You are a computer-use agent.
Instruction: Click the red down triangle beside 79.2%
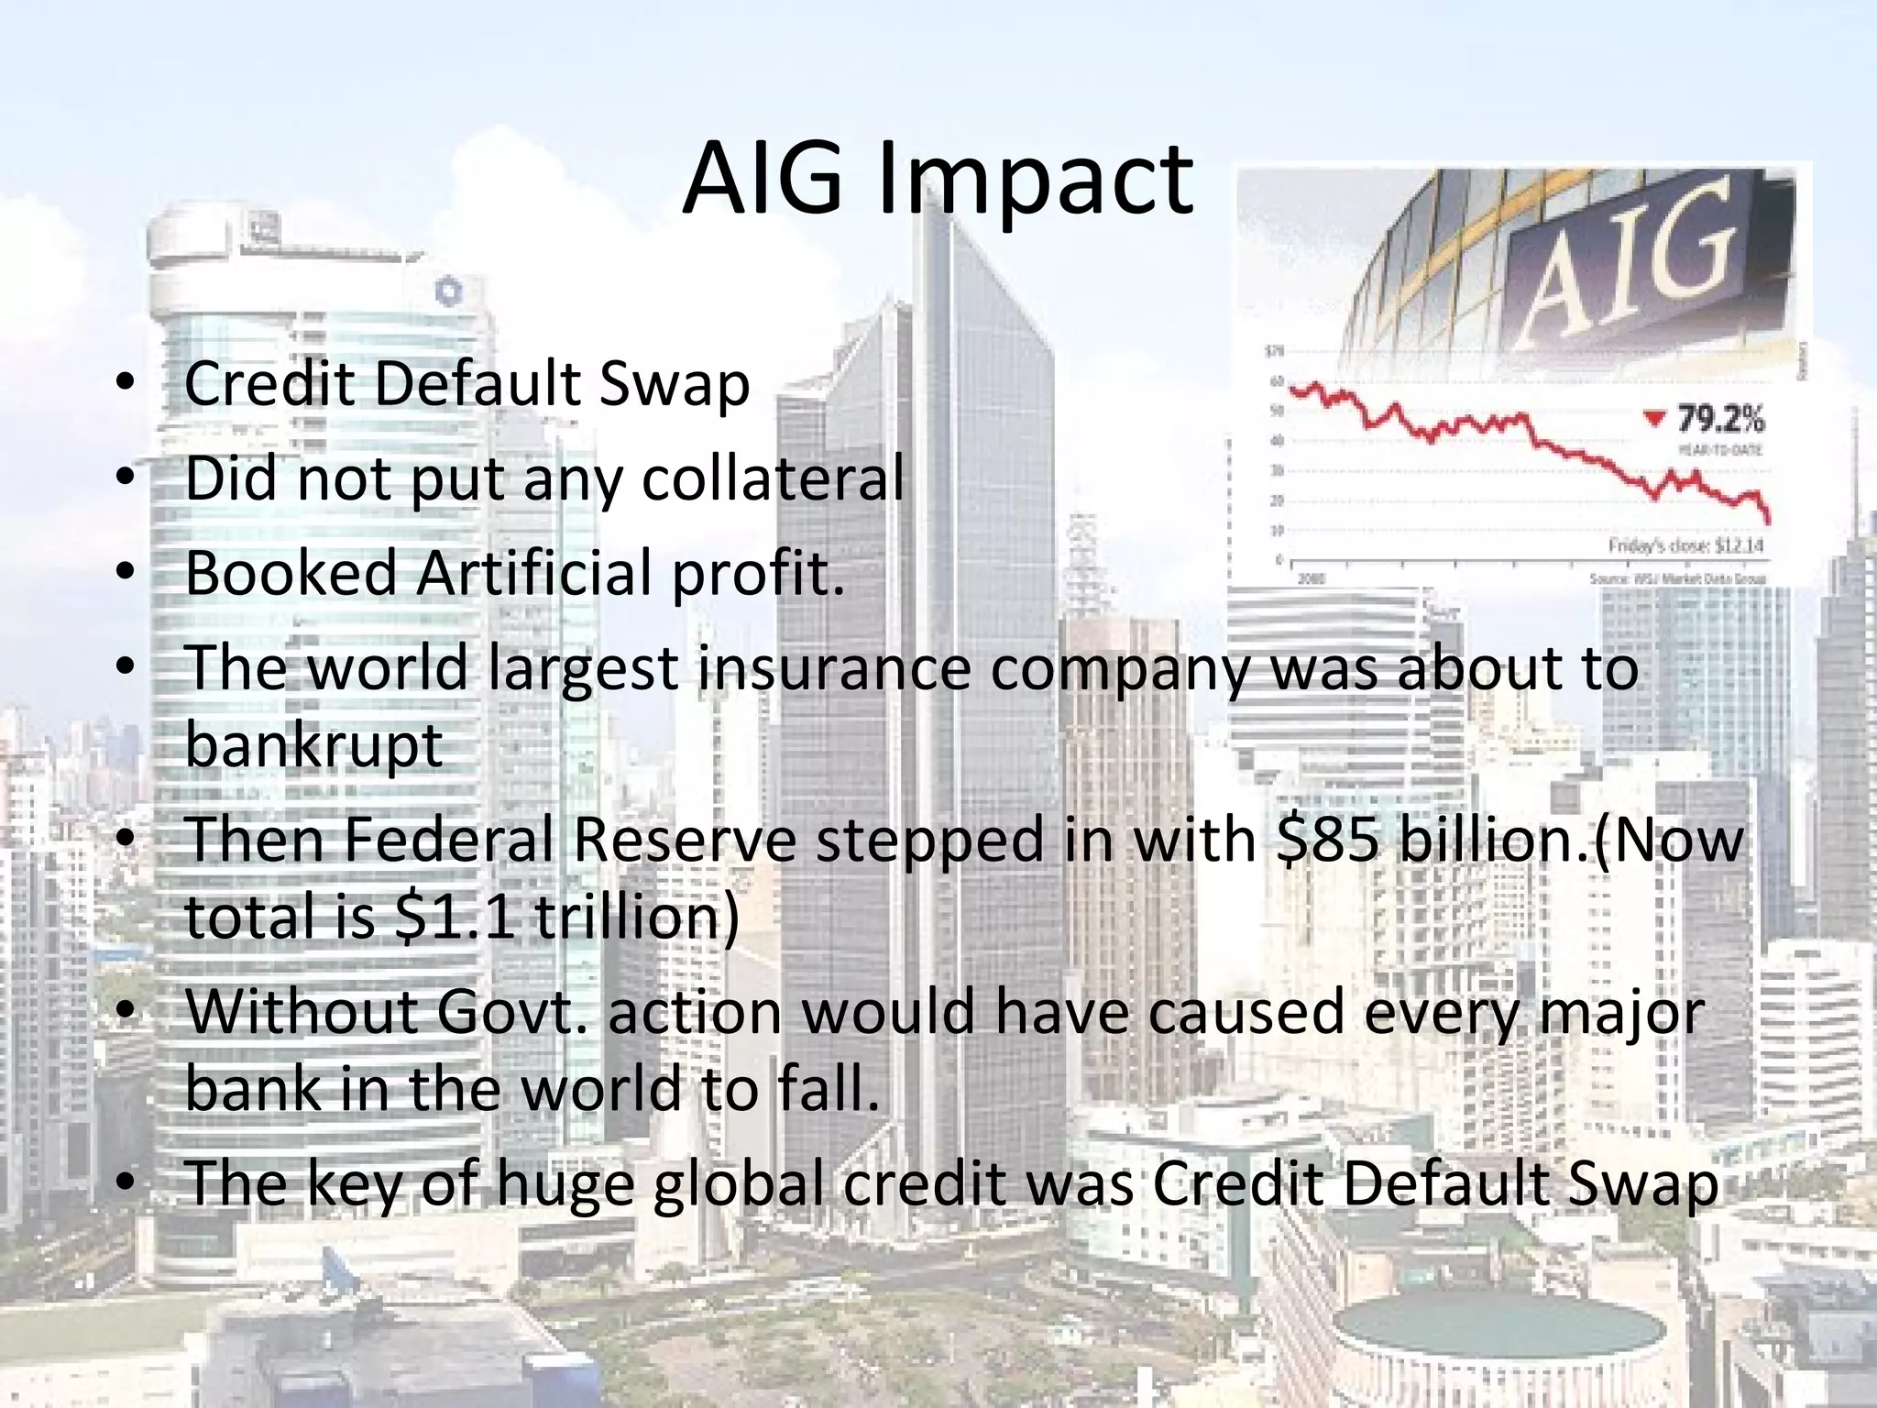[x=1653, y=419]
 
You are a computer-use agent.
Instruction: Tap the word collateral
[x=773, y=478]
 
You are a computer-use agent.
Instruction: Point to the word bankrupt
[x=314, y=744]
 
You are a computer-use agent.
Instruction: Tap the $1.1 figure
[x=456, y=916]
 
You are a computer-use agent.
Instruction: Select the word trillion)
[x=636, y=916]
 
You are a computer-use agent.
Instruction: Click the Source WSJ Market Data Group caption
[x=1676, y=578]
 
